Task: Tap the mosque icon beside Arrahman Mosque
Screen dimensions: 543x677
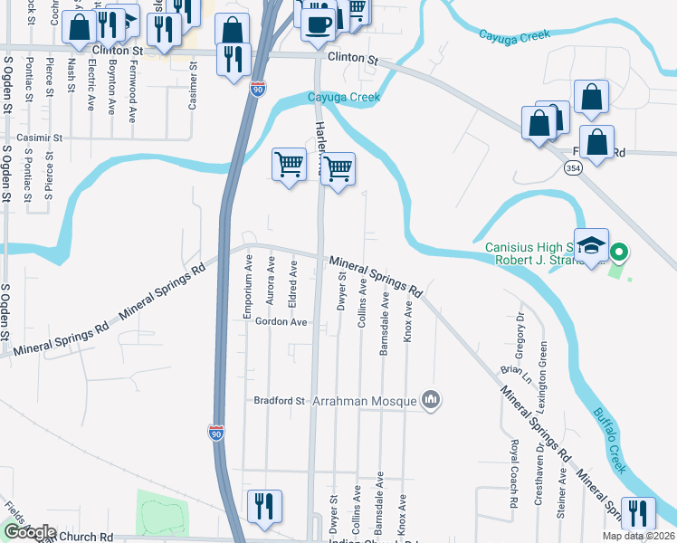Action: pos(431,400)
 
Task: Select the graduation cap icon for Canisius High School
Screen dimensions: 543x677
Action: pos(592,247)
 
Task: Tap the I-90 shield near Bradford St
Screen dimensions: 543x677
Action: pos(216,432)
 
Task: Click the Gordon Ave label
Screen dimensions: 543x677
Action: pos(281,321)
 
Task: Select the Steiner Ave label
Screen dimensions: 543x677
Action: pos(562,492)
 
